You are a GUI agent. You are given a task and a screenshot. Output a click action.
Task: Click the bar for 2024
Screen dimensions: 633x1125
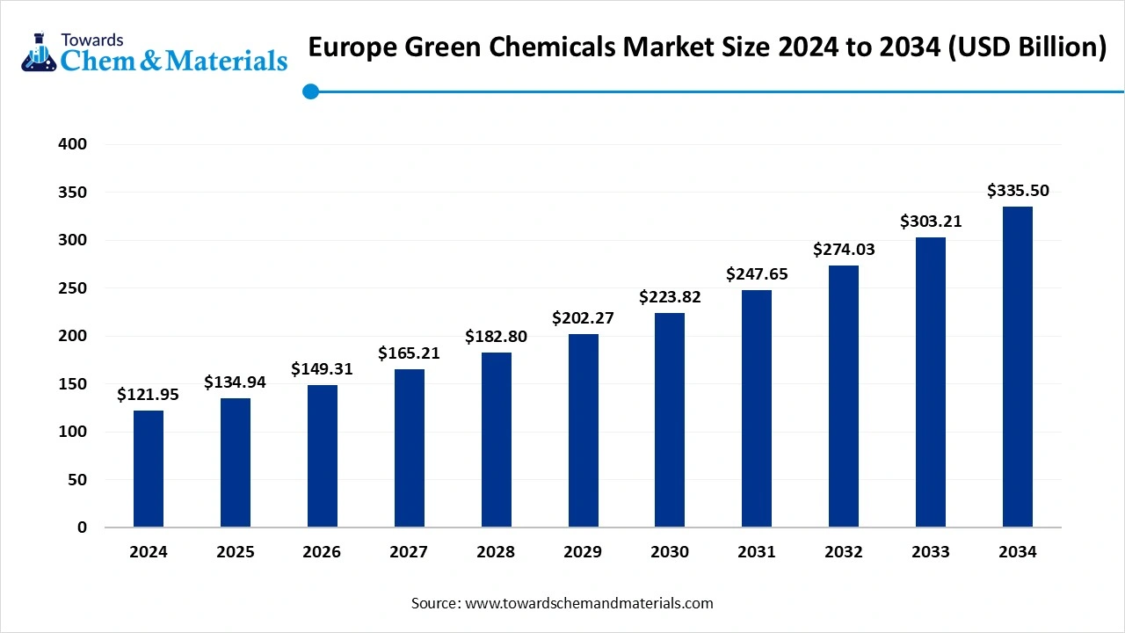(x=149, y=469)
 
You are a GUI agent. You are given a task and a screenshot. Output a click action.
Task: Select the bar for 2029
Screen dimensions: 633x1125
(x=583, y=431)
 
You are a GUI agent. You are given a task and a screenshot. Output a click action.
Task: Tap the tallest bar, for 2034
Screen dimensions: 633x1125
(x=1018, y=367)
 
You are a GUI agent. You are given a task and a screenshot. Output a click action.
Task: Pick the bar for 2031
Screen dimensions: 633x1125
(x=757, y=409)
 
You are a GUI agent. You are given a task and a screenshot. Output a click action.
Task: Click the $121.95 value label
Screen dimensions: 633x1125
(x=148, y=395)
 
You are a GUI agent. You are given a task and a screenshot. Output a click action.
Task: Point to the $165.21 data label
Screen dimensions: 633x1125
(x=409, y=353)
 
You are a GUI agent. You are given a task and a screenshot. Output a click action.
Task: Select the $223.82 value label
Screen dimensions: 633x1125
(x=670, y=297)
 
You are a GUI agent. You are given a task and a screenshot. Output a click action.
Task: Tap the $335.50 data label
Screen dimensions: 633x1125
(x=1018, y=191)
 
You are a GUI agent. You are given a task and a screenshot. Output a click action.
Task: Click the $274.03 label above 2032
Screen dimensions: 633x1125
(x=844, y=250)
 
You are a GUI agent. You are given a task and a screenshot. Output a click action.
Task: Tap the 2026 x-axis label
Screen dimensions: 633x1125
(x=322, y=552)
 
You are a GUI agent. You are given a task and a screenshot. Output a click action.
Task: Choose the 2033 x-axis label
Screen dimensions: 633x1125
(x=931, y=552)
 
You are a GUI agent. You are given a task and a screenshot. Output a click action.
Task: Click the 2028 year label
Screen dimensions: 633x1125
(x=496, y=552)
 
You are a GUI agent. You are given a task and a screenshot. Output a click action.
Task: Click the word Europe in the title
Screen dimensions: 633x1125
(x=355, y=47)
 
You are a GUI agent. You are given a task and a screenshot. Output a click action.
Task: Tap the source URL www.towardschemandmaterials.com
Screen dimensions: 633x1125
(x=589, y=603)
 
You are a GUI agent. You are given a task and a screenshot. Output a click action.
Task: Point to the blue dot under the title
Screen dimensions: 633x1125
(x=310, y=91)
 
